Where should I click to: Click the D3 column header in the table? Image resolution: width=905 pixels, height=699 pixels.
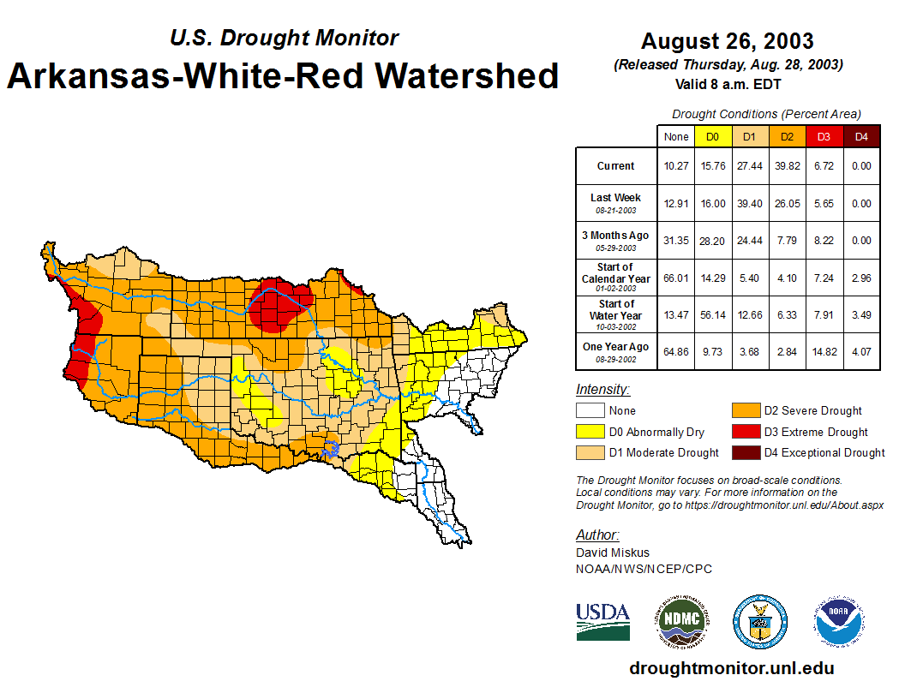[824, 136]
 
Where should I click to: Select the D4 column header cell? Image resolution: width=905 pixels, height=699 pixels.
[861, 136]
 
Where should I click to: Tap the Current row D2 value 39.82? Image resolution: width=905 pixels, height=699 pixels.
[787, 166]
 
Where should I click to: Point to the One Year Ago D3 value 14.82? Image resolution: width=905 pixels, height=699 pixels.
[824, 347]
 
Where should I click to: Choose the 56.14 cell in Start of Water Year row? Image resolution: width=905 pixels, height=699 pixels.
[712, 315]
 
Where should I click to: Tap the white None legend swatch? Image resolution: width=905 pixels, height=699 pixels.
[590, 411]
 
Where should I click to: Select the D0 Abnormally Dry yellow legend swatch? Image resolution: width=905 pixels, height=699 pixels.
[590, 432]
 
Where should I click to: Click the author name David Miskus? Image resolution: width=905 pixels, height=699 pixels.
[613, 553]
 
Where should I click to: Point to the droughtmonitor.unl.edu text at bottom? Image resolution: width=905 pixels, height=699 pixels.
[731, 668]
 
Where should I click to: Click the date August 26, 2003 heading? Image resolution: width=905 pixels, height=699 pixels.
[727, 41]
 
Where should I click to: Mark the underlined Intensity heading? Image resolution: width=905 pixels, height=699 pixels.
[602, 390]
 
